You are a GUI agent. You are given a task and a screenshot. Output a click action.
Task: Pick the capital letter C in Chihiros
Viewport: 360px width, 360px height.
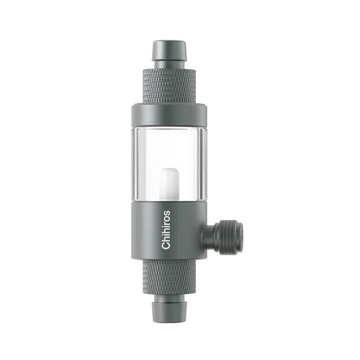coord(166,245)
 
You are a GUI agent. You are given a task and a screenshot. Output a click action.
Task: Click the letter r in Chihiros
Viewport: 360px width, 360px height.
coord(166,224)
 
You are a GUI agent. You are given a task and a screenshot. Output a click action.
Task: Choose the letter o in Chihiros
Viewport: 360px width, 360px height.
coord(166,218)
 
